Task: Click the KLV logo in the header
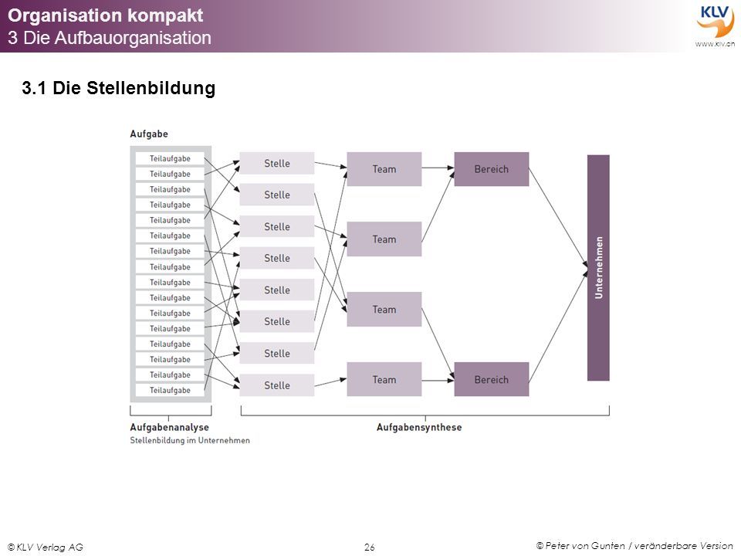tap(715, 24)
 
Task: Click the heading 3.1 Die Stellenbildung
tap(119, 88)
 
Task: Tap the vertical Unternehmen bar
tap(598, 268)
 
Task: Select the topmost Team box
tap(384, 169)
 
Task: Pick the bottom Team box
tap(384, 379)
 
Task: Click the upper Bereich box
tap(492, 169)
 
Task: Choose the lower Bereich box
tap(492, 379)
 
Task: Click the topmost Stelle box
tap(277, 163)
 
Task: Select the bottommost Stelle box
tap(277, 385)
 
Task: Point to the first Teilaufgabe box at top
tap(170, 158)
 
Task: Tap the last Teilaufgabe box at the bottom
tap(170, 390)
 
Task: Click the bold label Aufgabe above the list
tap(149, 134)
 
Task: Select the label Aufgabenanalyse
tap(169, 427)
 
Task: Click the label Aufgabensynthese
tap(419, 427)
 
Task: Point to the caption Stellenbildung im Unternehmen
tap(190, 440)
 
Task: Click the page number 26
tap(370, 547)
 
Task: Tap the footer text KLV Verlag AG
tap(46, 547)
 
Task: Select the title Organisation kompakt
tap(106, 15)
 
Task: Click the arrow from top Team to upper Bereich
tap(438, 168)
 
